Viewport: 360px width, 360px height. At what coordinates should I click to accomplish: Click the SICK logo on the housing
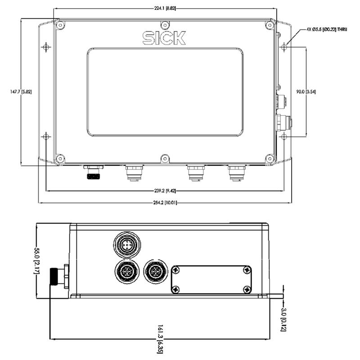164,38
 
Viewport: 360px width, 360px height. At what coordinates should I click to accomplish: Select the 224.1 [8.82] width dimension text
165,9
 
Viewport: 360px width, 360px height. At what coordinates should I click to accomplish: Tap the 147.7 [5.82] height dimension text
21,92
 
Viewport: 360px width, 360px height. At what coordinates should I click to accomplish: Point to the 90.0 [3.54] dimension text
306,92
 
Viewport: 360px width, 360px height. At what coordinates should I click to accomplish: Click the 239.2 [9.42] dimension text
165,190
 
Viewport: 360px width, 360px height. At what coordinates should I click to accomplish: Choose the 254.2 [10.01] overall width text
165,203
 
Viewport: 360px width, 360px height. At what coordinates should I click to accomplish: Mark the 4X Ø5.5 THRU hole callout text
327,29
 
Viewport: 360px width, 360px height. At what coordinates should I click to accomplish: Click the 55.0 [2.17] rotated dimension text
37,261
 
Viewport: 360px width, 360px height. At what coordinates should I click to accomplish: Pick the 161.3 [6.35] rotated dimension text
160,339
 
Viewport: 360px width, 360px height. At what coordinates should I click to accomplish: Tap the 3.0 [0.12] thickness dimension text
283,319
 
